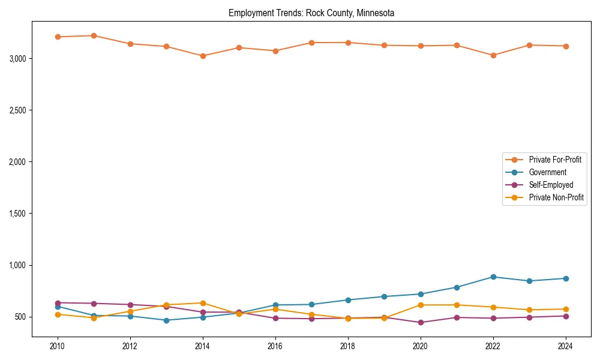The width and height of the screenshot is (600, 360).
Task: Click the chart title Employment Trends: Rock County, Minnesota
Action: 311,13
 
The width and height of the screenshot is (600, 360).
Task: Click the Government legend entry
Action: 547,172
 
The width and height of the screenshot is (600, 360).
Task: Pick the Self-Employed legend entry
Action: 551,185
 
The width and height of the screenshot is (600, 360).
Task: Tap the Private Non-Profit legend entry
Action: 556,197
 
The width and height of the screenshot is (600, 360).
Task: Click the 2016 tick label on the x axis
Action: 275,346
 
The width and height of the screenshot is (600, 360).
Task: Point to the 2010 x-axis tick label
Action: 58,346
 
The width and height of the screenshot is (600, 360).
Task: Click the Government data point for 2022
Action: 493,277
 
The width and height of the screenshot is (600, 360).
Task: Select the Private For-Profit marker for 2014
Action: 203,56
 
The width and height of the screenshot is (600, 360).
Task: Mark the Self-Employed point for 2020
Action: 421,322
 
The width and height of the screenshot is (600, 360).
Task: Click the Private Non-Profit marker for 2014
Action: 203,303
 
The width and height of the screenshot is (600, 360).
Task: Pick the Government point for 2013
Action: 166,320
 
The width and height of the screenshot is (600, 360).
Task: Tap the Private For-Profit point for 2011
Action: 94,35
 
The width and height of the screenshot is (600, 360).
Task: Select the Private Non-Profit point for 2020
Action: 421,305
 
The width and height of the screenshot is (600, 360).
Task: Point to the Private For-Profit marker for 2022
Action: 493,55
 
